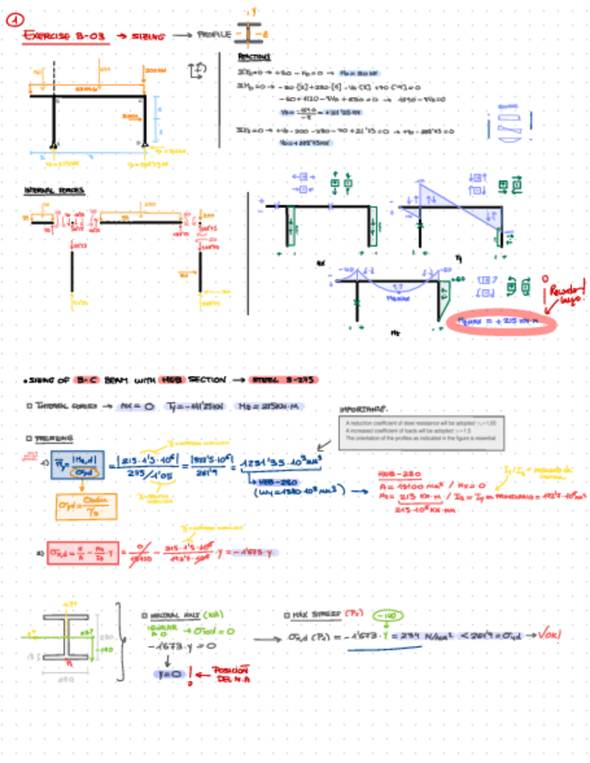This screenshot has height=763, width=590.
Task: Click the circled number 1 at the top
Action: [26, 15]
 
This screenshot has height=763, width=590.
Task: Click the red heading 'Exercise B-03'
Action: [66, 37]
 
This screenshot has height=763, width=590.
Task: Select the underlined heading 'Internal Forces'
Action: [49, 191]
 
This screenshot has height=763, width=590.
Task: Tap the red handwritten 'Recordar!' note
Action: [565, 293]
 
